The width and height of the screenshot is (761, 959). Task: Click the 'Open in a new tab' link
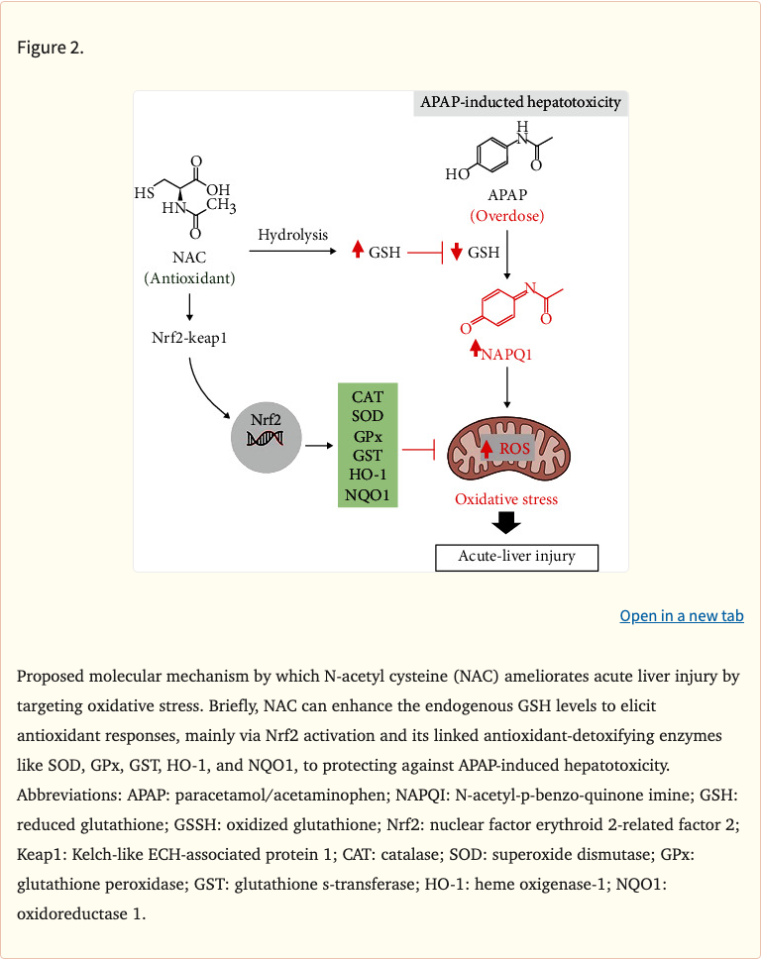[682, 616]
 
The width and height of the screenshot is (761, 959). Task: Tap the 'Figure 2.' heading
[50, 49]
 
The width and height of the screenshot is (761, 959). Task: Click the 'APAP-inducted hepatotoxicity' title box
[520, 103]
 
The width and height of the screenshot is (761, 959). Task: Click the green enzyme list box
[368, 446]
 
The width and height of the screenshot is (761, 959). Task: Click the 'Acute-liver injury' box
[517, 556]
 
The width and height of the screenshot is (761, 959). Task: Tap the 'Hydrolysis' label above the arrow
[292, 235]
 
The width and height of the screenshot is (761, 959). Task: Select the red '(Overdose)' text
[507, 215]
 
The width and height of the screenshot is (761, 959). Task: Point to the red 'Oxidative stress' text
[506, 499]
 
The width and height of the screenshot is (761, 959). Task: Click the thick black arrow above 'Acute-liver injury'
[507, 522]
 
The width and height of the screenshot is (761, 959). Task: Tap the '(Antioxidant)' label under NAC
[189, 278]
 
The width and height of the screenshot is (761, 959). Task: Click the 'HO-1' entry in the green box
[368, 475]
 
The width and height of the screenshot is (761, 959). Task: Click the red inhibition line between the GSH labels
[425, 253]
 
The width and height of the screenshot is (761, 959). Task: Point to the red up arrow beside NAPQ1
[476, 348]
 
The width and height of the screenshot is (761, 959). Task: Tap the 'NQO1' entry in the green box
[368, 493]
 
